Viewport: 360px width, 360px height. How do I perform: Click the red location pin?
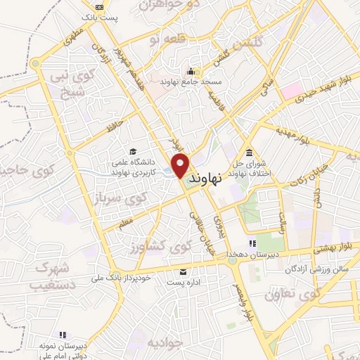click(x=181, y=165)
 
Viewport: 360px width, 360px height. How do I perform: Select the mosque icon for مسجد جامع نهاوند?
click(x=191, y=71)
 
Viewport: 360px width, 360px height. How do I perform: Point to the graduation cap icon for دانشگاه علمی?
click(x=133, y=151)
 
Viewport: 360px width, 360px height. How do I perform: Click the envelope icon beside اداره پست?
click(x=183, y=271)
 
